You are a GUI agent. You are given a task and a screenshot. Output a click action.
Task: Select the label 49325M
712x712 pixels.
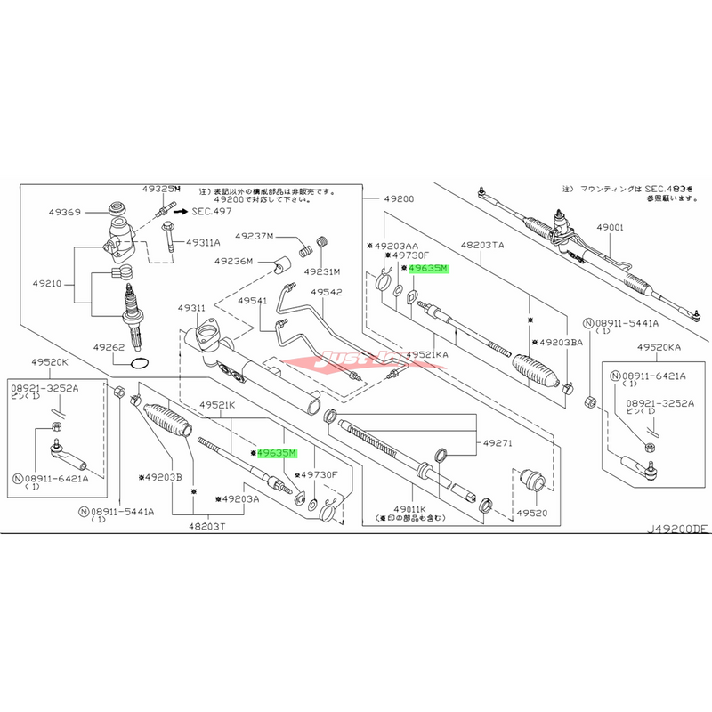pyautogui.click(x=161, y=190)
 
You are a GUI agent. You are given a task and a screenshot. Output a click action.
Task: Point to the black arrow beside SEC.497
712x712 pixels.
pyautogui.click(x=179, y=212)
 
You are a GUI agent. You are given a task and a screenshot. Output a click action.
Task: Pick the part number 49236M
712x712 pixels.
pyautogui.click(x=233, y=261)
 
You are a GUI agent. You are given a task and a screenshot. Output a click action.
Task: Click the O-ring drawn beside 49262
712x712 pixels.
pyautogui.click(x=141, y=363)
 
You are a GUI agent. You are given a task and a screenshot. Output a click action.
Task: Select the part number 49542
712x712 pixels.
pyautogui.click(x=326, y=292)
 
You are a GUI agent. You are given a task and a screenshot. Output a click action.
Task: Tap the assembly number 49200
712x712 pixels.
pyautogui.click(x=398, y=199)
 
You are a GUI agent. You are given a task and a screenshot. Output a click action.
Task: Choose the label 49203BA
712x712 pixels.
pyautogui.click(x=559, y=342)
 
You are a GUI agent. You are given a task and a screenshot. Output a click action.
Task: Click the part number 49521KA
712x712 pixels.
pyautogui.click(x=429, y=354)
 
